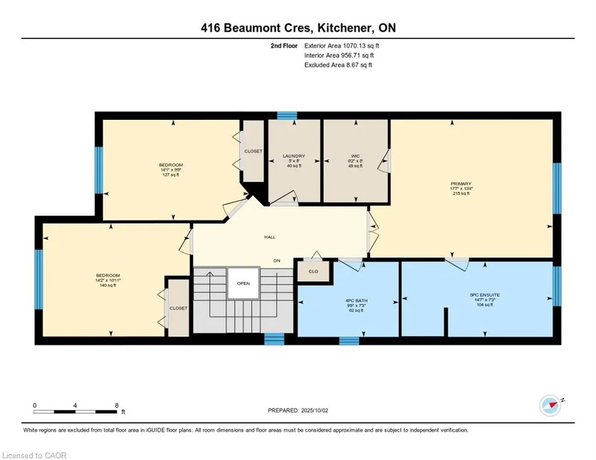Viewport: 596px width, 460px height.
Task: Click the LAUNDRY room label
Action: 294,156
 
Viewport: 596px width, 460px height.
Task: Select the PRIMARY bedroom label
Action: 461,184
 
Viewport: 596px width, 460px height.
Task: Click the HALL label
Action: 270,237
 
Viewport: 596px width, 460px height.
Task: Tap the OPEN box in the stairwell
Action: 243,283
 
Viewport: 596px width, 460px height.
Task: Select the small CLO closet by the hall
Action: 313,271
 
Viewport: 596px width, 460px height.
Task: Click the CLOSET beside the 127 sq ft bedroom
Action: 253,152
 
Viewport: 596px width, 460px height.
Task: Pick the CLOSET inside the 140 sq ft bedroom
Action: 178,308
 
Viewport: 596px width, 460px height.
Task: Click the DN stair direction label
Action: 276,261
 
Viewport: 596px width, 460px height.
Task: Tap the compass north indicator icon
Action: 550,405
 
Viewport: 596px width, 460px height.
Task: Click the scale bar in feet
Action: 76,411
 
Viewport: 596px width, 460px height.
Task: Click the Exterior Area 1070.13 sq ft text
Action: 342,45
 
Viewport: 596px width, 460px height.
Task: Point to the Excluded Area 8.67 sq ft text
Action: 338,65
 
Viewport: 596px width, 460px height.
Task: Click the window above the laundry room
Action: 287,115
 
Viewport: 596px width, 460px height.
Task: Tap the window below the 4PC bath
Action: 349,341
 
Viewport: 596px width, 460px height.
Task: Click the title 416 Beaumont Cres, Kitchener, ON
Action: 298,28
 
